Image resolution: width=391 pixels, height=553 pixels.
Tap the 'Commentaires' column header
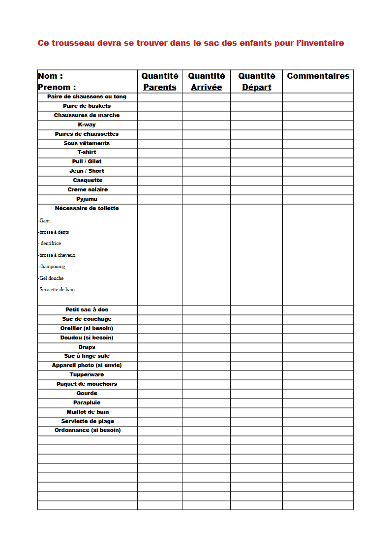point(318,76)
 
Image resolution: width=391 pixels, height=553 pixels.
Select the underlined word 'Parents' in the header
point(160,87)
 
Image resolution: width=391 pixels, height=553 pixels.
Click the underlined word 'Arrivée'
point(207,87)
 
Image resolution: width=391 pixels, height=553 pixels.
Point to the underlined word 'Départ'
point(257,87)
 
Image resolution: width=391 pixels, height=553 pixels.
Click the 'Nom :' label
point(50,76)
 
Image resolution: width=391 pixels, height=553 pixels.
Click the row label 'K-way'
point(87,124)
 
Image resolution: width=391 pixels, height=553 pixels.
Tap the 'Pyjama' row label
point(87,199)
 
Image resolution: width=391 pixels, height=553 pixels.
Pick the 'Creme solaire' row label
point(88,189)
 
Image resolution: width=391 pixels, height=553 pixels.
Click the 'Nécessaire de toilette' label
point(87,208)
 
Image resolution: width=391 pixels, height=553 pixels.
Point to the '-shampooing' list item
point(52,267)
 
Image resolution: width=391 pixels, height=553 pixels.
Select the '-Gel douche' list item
point(51,278)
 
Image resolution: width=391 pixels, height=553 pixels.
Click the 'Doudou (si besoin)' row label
point(87,338)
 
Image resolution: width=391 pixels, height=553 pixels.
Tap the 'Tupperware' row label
point(87,374)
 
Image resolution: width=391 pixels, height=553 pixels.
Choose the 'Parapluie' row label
point(87,402)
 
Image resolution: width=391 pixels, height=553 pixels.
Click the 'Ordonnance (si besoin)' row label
point(88,430)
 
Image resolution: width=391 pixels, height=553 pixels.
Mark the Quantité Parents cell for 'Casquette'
point(160,181)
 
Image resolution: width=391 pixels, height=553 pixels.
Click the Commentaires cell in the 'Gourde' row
point(318,394)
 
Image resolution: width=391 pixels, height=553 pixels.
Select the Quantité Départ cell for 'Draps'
point(256,347)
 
